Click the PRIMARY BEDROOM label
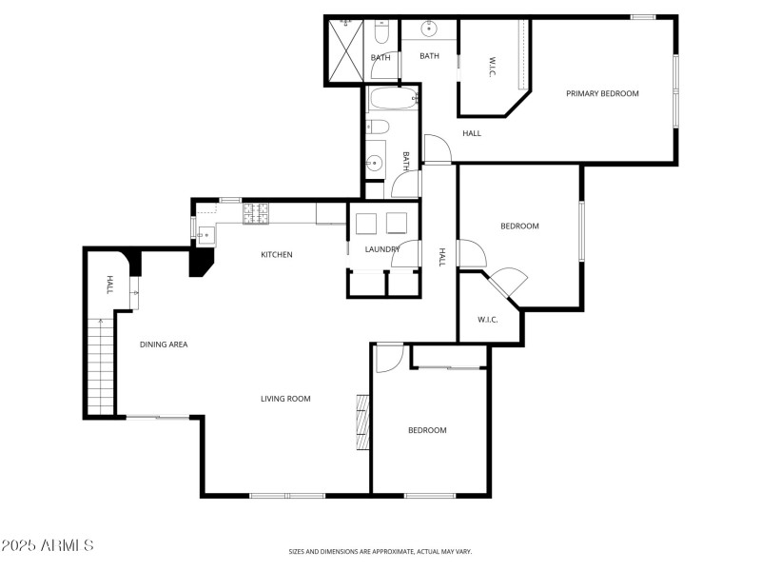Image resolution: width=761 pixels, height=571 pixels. pos(602,93)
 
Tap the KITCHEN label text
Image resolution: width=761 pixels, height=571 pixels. pos(277,254)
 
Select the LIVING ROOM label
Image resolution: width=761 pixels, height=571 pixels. pos(285,399)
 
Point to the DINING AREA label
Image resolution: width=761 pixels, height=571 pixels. pos(164,345)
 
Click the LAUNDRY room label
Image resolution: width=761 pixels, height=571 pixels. pos(381,249)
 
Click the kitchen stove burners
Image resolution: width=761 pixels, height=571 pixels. pos(257,214)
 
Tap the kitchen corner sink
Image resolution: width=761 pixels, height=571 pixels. pos(206,232)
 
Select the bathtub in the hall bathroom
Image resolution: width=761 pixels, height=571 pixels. pos(391,99)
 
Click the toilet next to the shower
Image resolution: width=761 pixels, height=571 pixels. pos(380,35)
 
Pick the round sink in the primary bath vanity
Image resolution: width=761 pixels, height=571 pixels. pos(429,29)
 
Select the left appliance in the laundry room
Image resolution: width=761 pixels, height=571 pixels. pos(366,223)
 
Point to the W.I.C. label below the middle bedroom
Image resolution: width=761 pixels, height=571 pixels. pos(488,320)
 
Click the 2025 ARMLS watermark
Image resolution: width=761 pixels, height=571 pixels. pos(48,545)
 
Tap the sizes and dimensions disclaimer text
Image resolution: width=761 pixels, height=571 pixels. pos(380,551)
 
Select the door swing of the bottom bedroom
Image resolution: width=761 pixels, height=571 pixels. pos(388,357)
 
